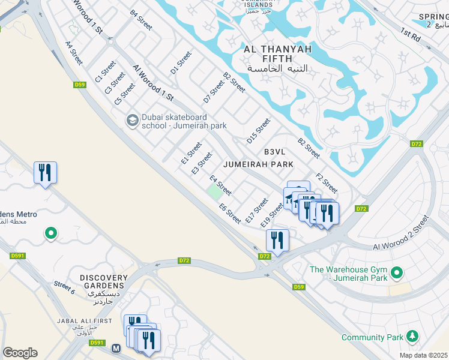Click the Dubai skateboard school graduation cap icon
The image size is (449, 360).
click(132, 121)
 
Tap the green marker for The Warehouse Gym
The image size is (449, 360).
click(396, 274)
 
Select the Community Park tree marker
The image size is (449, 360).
click(412, 337)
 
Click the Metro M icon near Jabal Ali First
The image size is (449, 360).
click(116, 347)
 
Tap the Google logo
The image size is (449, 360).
click(20, 352)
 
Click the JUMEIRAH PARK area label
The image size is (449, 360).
click(258, 164)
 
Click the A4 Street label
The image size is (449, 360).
click(74, 53)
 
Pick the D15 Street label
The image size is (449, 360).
click(259, 131)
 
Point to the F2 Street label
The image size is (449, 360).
click(327, 182)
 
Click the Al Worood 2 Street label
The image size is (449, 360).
click(401, 235)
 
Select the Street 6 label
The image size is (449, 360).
click(64, 287)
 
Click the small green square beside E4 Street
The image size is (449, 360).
click(213, 193)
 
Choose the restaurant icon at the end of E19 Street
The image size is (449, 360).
click(277, 240)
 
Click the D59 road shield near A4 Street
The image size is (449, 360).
click(80, 85)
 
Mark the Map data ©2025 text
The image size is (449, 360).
click(424, 355)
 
